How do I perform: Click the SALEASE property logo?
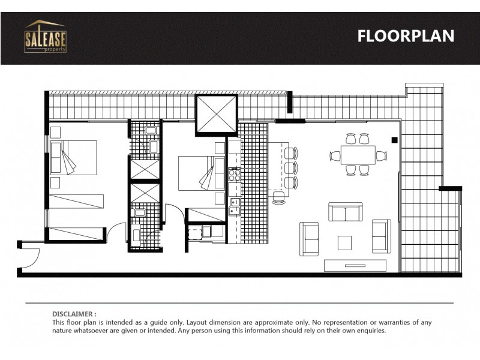pyautogui.click(x=45, y=37)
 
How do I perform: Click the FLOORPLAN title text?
pyautogui.click(x=406, y=36)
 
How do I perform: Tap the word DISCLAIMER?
pyautogui.click(x=74, y=314)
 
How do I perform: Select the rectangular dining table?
pyautogui.click(x=358, y=155)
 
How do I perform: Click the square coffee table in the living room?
pyautogui.click(x=344, y=242)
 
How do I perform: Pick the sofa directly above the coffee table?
pyautogui.click(x=345, y=212)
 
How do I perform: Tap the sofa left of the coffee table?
pyautogui.click(x=310, y=238)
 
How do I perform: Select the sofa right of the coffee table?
pyautogui.click(x=381, y=236)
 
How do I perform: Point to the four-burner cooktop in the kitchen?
pyautogui.click(x=234, y=175)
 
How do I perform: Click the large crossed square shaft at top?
pyautogui.click(x=216, y=115)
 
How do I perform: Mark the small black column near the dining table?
pyautogui.click(x=394, y=140)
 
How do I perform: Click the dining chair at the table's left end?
pyautogui.click(x=335, y=155)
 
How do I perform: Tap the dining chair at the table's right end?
pyautogui.click(x=381, y=156)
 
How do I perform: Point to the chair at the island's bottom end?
pyautogui.click(x=278, y=197)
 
